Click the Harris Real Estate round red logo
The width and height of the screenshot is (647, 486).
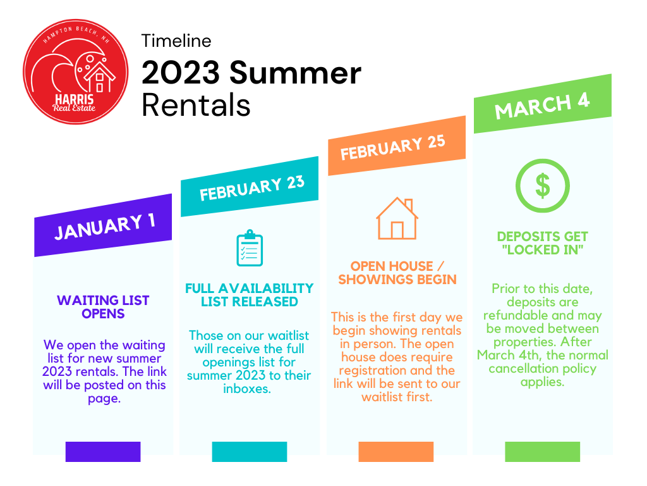[76, 72]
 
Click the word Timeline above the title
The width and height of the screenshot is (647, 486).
[176, 41]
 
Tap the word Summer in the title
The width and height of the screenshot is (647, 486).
[295, 73]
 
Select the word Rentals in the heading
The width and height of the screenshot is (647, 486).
[196, 105]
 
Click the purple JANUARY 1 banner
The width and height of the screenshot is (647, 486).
[103, 226]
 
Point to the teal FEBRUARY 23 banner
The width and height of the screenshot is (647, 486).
[250, 187]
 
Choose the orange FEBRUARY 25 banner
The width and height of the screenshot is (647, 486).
[397, 146]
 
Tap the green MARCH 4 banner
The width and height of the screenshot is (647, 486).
[543, 104]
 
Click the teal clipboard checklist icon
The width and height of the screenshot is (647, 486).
[250, 248]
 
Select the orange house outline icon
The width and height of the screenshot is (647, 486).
[397, 218]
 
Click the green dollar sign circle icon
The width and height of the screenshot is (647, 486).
[543, 185]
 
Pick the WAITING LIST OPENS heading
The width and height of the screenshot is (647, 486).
[103, 307]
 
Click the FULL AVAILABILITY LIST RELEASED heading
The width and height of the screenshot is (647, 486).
[249, 295]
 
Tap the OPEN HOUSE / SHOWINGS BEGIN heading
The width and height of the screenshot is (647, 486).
[397, 273]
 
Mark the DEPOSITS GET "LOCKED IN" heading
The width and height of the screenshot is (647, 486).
[543, 243]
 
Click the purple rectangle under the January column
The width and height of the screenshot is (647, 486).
[103, 452]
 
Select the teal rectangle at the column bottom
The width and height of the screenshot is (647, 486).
[250, 452]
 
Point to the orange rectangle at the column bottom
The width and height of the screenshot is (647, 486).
[396, 452]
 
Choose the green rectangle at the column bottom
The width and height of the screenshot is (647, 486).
[543, 452]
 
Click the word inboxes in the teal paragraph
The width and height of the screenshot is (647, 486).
[247, 389]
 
